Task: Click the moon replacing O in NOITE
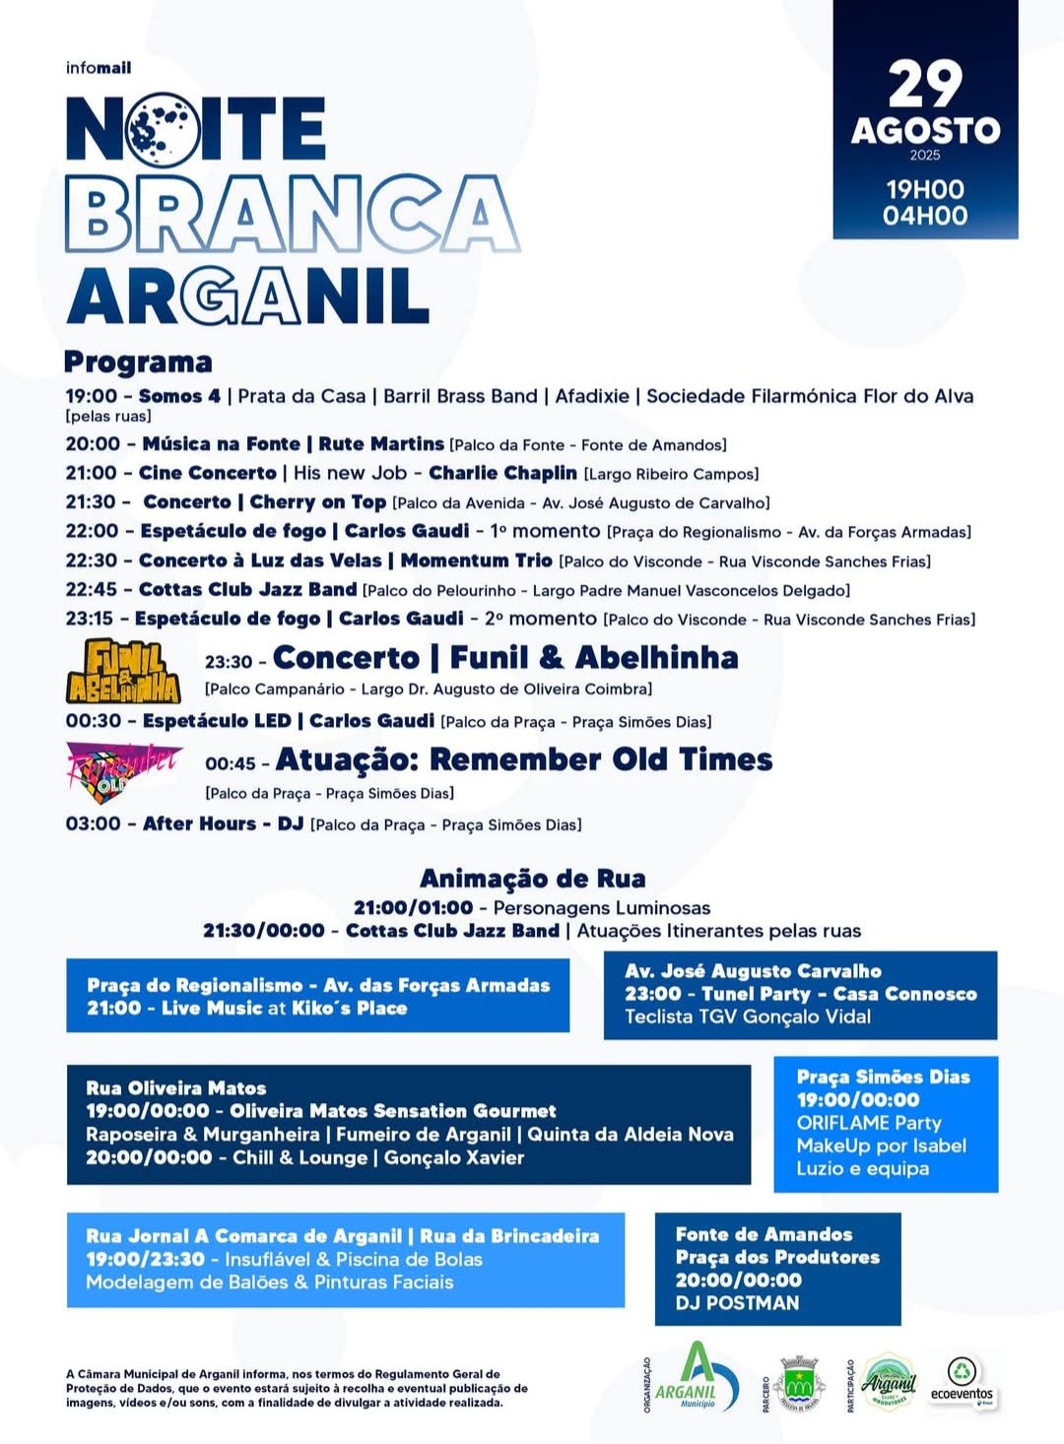(162, 128)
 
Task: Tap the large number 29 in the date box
(924, 85)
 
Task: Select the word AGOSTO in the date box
(925, 130)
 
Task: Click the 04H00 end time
(925, 216)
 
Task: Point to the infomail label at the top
(98, 68)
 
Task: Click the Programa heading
(138, 361)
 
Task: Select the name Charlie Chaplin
(502, 473)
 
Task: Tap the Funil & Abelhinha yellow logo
(123, 672)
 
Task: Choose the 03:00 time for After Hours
(93, 823)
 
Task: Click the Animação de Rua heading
(532, 878)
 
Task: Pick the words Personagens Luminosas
(601, 907)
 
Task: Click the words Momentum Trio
(476, 560)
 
